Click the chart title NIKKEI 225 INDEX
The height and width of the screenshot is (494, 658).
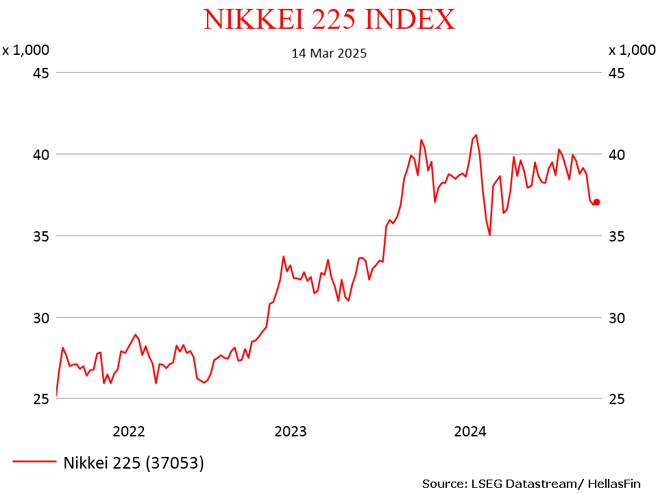pyautogui.click(x=329, y=19)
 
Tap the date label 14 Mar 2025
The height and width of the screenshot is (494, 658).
pyautogui.click(x=329, y=53)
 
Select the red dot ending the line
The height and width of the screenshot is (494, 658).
pyautogui.click(x=596, y=202)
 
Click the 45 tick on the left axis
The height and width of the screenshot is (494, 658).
pyautogui.click(x=42, y=73)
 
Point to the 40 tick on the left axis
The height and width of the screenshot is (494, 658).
pyautogui.click(x=42, y=154)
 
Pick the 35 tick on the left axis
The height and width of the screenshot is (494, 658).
pyautogui.click(x=42, y=236)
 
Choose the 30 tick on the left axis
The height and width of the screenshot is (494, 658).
pyautogui.click(x=42, y=318)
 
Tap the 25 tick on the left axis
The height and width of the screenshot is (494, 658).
pyautogui.click(x=42, y=399)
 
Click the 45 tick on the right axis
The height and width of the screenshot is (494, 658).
pyautogui.click(x=616, y=73)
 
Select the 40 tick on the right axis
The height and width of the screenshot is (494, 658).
pyautogui.click(x=616, y=154)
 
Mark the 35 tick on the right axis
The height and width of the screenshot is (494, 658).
pyautogui.click(x=616, y=236)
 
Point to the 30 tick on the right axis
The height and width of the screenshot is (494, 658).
pyautogui.click(x=616, y=318)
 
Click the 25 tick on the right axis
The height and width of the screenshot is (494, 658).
pyautogui.click(x=616, y=399)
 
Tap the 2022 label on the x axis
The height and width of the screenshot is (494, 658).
pyautogui.click(x=129, y=432)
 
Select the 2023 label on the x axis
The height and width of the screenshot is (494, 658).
pyautogui.click(x=291, y=432)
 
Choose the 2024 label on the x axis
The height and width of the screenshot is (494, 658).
pyautogui.click(x=470, y=432)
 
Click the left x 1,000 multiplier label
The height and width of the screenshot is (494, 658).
pyautogui.click(x=25, y=50)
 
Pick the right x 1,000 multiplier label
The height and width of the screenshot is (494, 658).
pyautogui.click(x=632, y=50)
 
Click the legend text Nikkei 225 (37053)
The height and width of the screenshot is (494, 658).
pyautogui.click(x=134, y=463)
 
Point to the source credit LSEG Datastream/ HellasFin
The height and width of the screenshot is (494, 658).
pyautogui.click(x=531, y=484)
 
